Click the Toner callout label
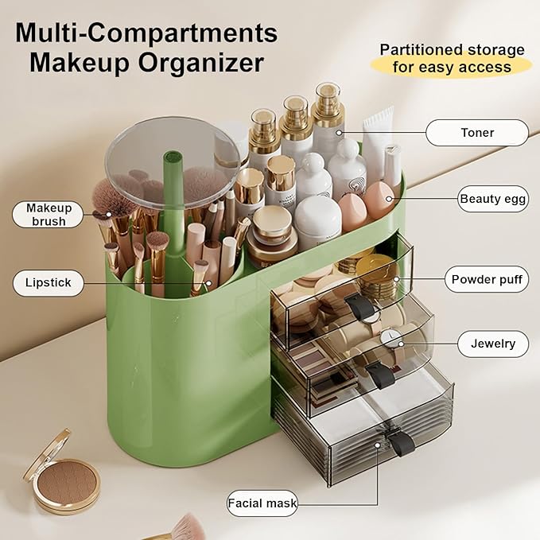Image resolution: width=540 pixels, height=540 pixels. (x=476, y=133)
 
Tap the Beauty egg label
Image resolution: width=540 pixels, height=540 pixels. (x=493, y=199)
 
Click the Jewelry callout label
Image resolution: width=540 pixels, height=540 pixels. (x=493, y=344)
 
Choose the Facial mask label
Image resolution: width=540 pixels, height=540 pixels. (x=262, y=503)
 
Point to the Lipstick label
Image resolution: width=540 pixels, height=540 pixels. (x=48, y=282)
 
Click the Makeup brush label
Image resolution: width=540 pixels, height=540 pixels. (x=49, y=214)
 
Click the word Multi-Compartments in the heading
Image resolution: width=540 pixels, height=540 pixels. (x=146, y=33)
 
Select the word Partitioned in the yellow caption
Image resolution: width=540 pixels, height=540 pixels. (x=422, y=49)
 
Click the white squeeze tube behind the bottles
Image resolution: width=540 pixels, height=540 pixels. (x=378, y=131)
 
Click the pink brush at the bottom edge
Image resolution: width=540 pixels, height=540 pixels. (x=186, y=526)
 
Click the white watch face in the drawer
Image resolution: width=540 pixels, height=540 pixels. (x=389, y=339)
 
